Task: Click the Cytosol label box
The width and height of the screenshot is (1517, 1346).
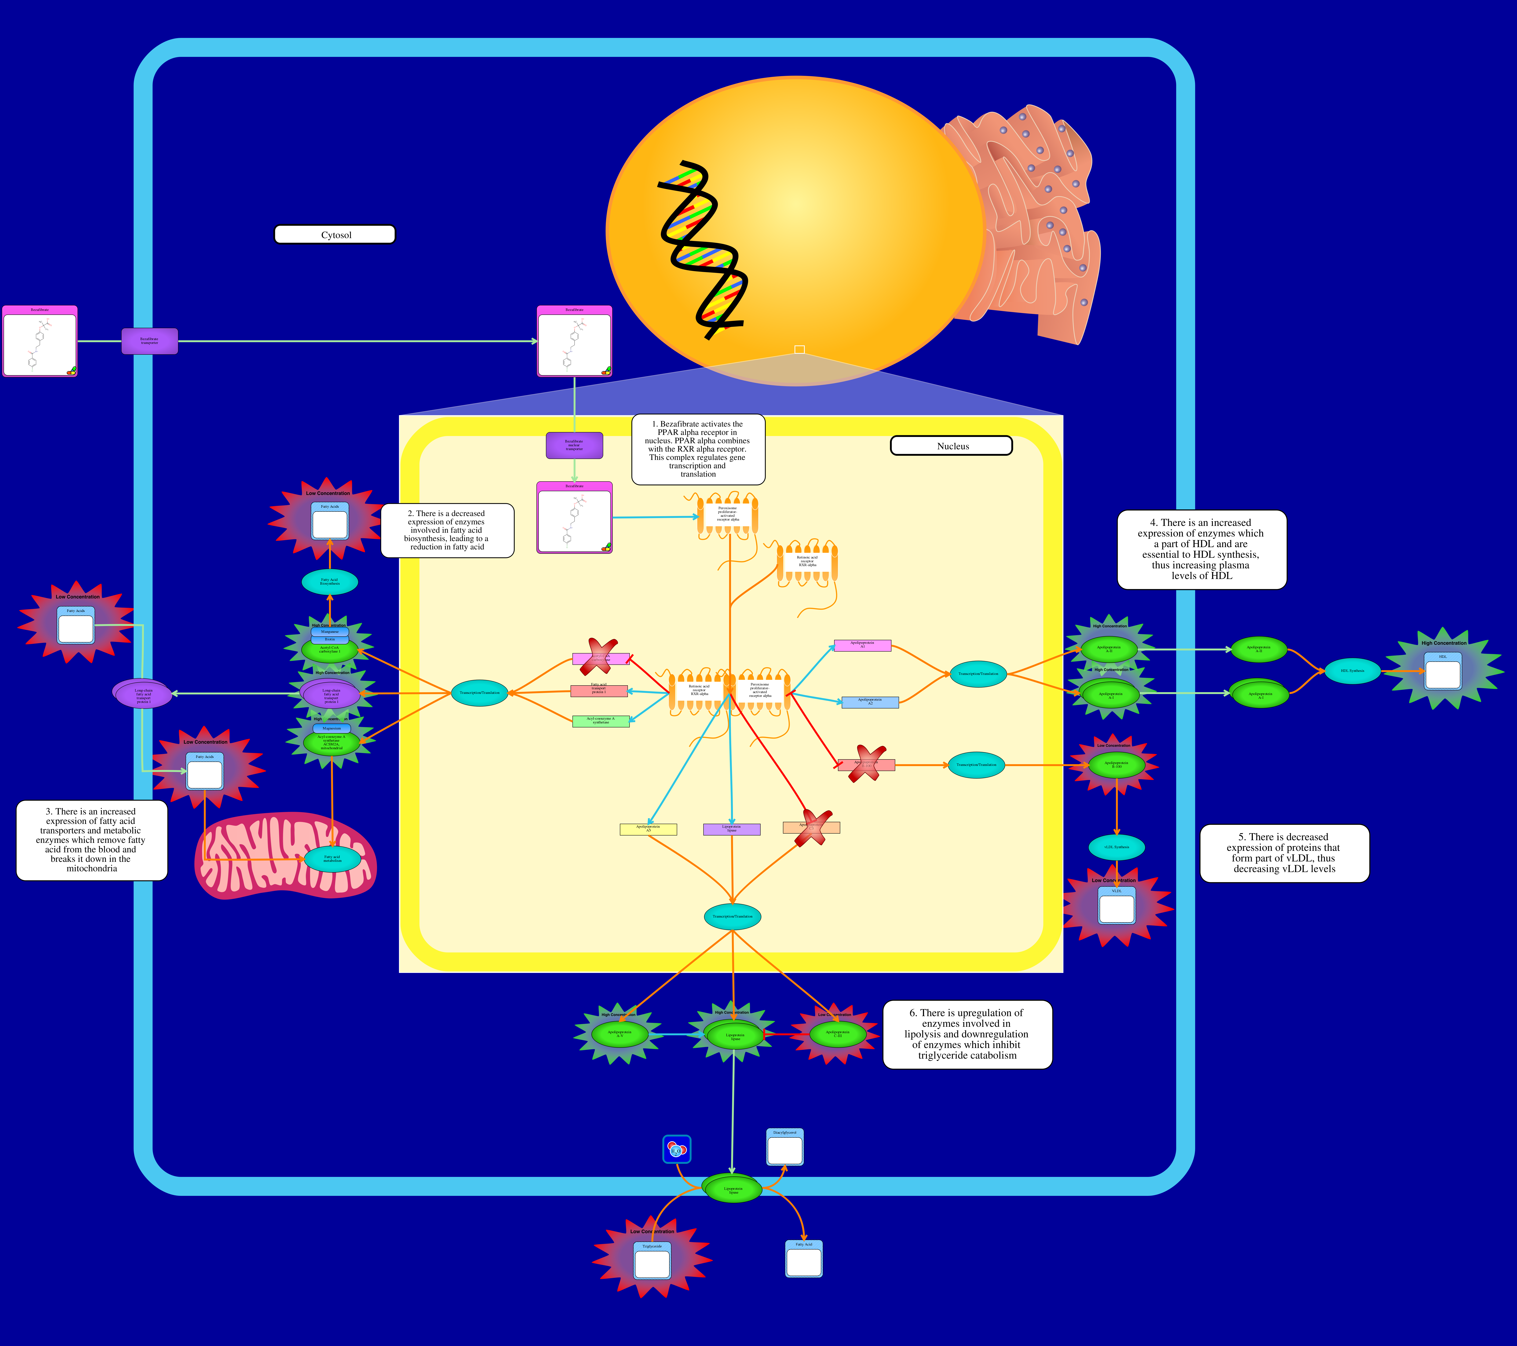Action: point(335,235)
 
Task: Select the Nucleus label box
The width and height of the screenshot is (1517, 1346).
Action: point(952,446)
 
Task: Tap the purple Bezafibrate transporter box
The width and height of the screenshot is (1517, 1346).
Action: point(150,341)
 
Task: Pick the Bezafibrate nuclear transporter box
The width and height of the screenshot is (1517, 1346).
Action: point(574,445)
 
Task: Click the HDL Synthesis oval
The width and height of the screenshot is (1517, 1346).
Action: point(1352,671)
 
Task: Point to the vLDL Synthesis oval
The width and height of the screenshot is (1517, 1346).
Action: point(1116,847)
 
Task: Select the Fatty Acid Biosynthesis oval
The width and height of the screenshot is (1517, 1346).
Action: point(330,582)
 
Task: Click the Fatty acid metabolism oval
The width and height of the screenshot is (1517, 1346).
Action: point(332,859)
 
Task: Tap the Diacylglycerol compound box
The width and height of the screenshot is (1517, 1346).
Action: point(784,1147)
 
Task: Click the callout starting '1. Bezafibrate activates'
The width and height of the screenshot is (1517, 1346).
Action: point(698,449)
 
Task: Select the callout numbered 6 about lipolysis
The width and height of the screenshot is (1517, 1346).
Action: point(967,1034)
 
